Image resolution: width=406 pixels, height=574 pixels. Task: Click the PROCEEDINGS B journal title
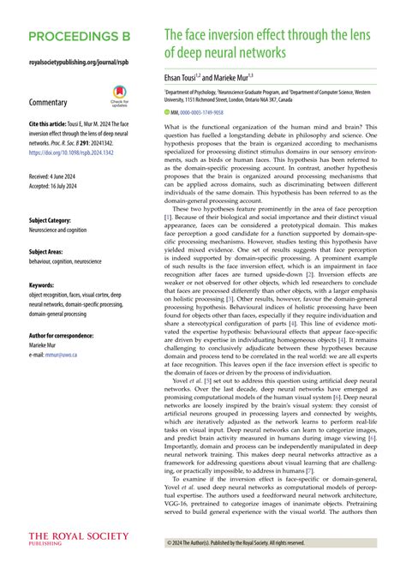(79, 39)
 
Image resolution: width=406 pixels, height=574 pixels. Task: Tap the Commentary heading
(49, 102)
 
